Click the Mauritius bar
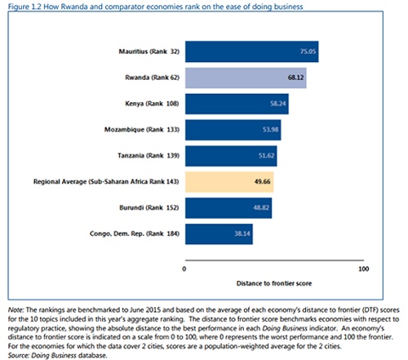(252, 51)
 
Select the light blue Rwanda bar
(246, 78)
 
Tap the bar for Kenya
(237, 104)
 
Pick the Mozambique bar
(233, 130)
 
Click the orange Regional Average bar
(229, 182)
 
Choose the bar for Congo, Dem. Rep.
(219, 234)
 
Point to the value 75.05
(308, 51)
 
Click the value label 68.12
(295, 78)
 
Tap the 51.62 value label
(266, 156)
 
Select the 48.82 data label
(261, 207)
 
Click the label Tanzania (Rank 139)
(149, 156)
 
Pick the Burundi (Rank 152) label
(149, 208)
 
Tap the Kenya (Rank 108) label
(152, 104)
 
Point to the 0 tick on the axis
(184, 269)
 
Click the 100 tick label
(364, 269)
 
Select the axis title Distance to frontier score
(274, 283)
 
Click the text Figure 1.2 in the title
(24, 7)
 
